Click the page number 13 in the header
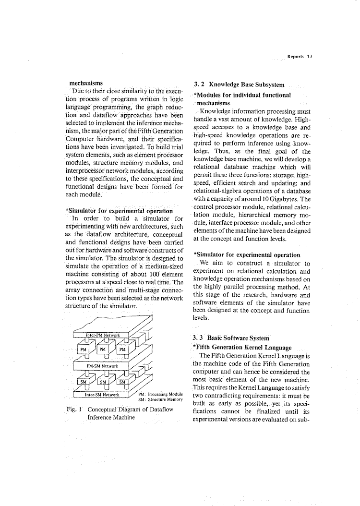click(310, 56)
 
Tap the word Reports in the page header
click(295, 56)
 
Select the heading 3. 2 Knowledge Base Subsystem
click(239, 85)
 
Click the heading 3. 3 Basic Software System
click(231, 337)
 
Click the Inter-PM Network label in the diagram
click(103, 335)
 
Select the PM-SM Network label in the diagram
click(102, 366)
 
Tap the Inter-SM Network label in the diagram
click(102, 395)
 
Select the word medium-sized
click(160, 266)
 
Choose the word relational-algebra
click(216, 191)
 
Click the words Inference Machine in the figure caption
click(111, 418)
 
